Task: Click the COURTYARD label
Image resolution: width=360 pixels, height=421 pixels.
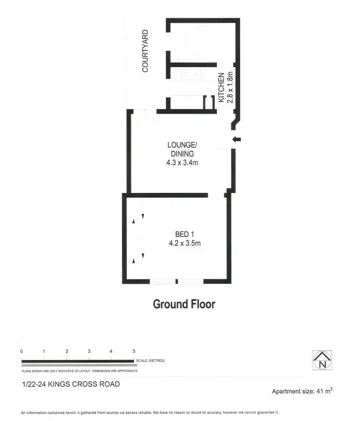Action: pyautogui.click(x=145, y=51)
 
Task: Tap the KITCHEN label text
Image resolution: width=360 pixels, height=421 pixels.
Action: pyautogui.click(x=221, y=87)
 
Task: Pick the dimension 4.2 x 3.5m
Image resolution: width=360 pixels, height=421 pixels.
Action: pyautogui.click(x=184, y=243)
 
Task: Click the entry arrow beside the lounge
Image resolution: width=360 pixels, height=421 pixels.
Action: pyautogui.click(x=237, y=140)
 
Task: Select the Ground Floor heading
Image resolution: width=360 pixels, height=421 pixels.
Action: pyautogui.click(x=184, y=304)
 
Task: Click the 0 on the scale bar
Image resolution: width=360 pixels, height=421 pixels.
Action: pyautogui.click(x=22, y=351)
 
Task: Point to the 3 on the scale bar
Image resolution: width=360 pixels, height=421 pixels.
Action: pyautogui.click(x=89, y=351)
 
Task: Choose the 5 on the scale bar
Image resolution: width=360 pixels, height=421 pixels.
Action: pyautogui.click(x=134, y=351)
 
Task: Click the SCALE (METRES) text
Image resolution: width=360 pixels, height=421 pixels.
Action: pyautogui.click(x=151, y=361)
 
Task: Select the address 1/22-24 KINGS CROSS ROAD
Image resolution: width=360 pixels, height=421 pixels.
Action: pyautogui.click(x=71, y=384)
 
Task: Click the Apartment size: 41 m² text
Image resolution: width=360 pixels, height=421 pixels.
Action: pyautogui.click(x=302, y=391)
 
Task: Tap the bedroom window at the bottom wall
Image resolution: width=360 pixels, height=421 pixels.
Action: pyautogui.click(x=177, y=281)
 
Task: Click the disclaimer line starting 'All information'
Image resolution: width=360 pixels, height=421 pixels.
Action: pyautogui.click(x=150, y=412)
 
